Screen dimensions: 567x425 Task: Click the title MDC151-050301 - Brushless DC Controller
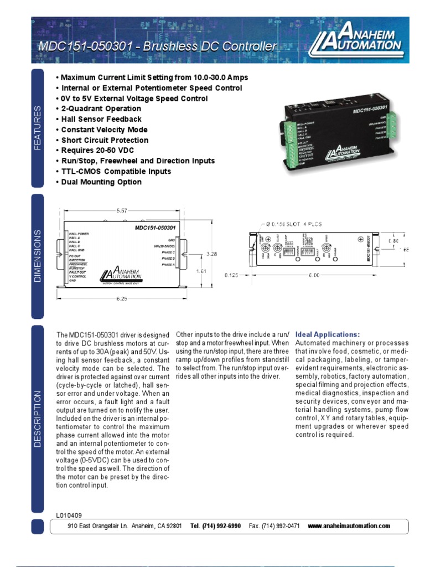pos(156,47)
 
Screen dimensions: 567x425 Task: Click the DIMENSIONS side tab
pos(38,255)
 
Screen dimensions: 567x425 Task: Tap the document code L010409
pos(69,515)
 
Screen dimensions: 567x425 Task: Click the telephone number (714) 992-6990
pos(215,526)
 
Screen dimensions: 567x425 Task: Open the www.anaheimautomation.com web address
pos(349,526)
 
